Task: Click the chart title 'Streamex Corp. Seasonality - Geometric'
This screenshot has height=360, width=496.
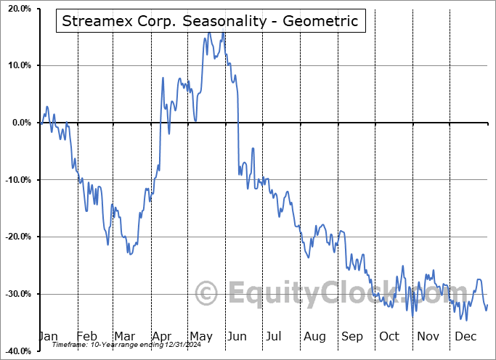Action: (x=211, y=21)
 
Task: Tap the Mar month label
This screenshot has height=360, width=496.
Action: (x=124, y=336)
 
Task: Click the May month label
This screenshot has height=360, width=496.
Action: (x=200, y=336)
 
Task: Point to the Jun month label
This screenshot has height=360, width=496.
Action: (x=237, y=336)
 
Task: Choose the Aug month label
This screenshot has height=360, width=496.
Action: (x=315, y=336)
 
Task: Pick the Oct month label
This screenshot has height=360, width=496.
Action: (x=389, y=336)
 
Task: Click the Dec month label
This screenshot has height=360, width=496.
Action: (x=465, y=336)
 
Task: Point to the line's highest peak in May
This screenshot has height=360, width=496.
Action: (x=209, y=33)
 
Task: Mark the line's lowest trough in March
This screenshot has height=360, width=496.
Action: (x=129, y=254)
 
